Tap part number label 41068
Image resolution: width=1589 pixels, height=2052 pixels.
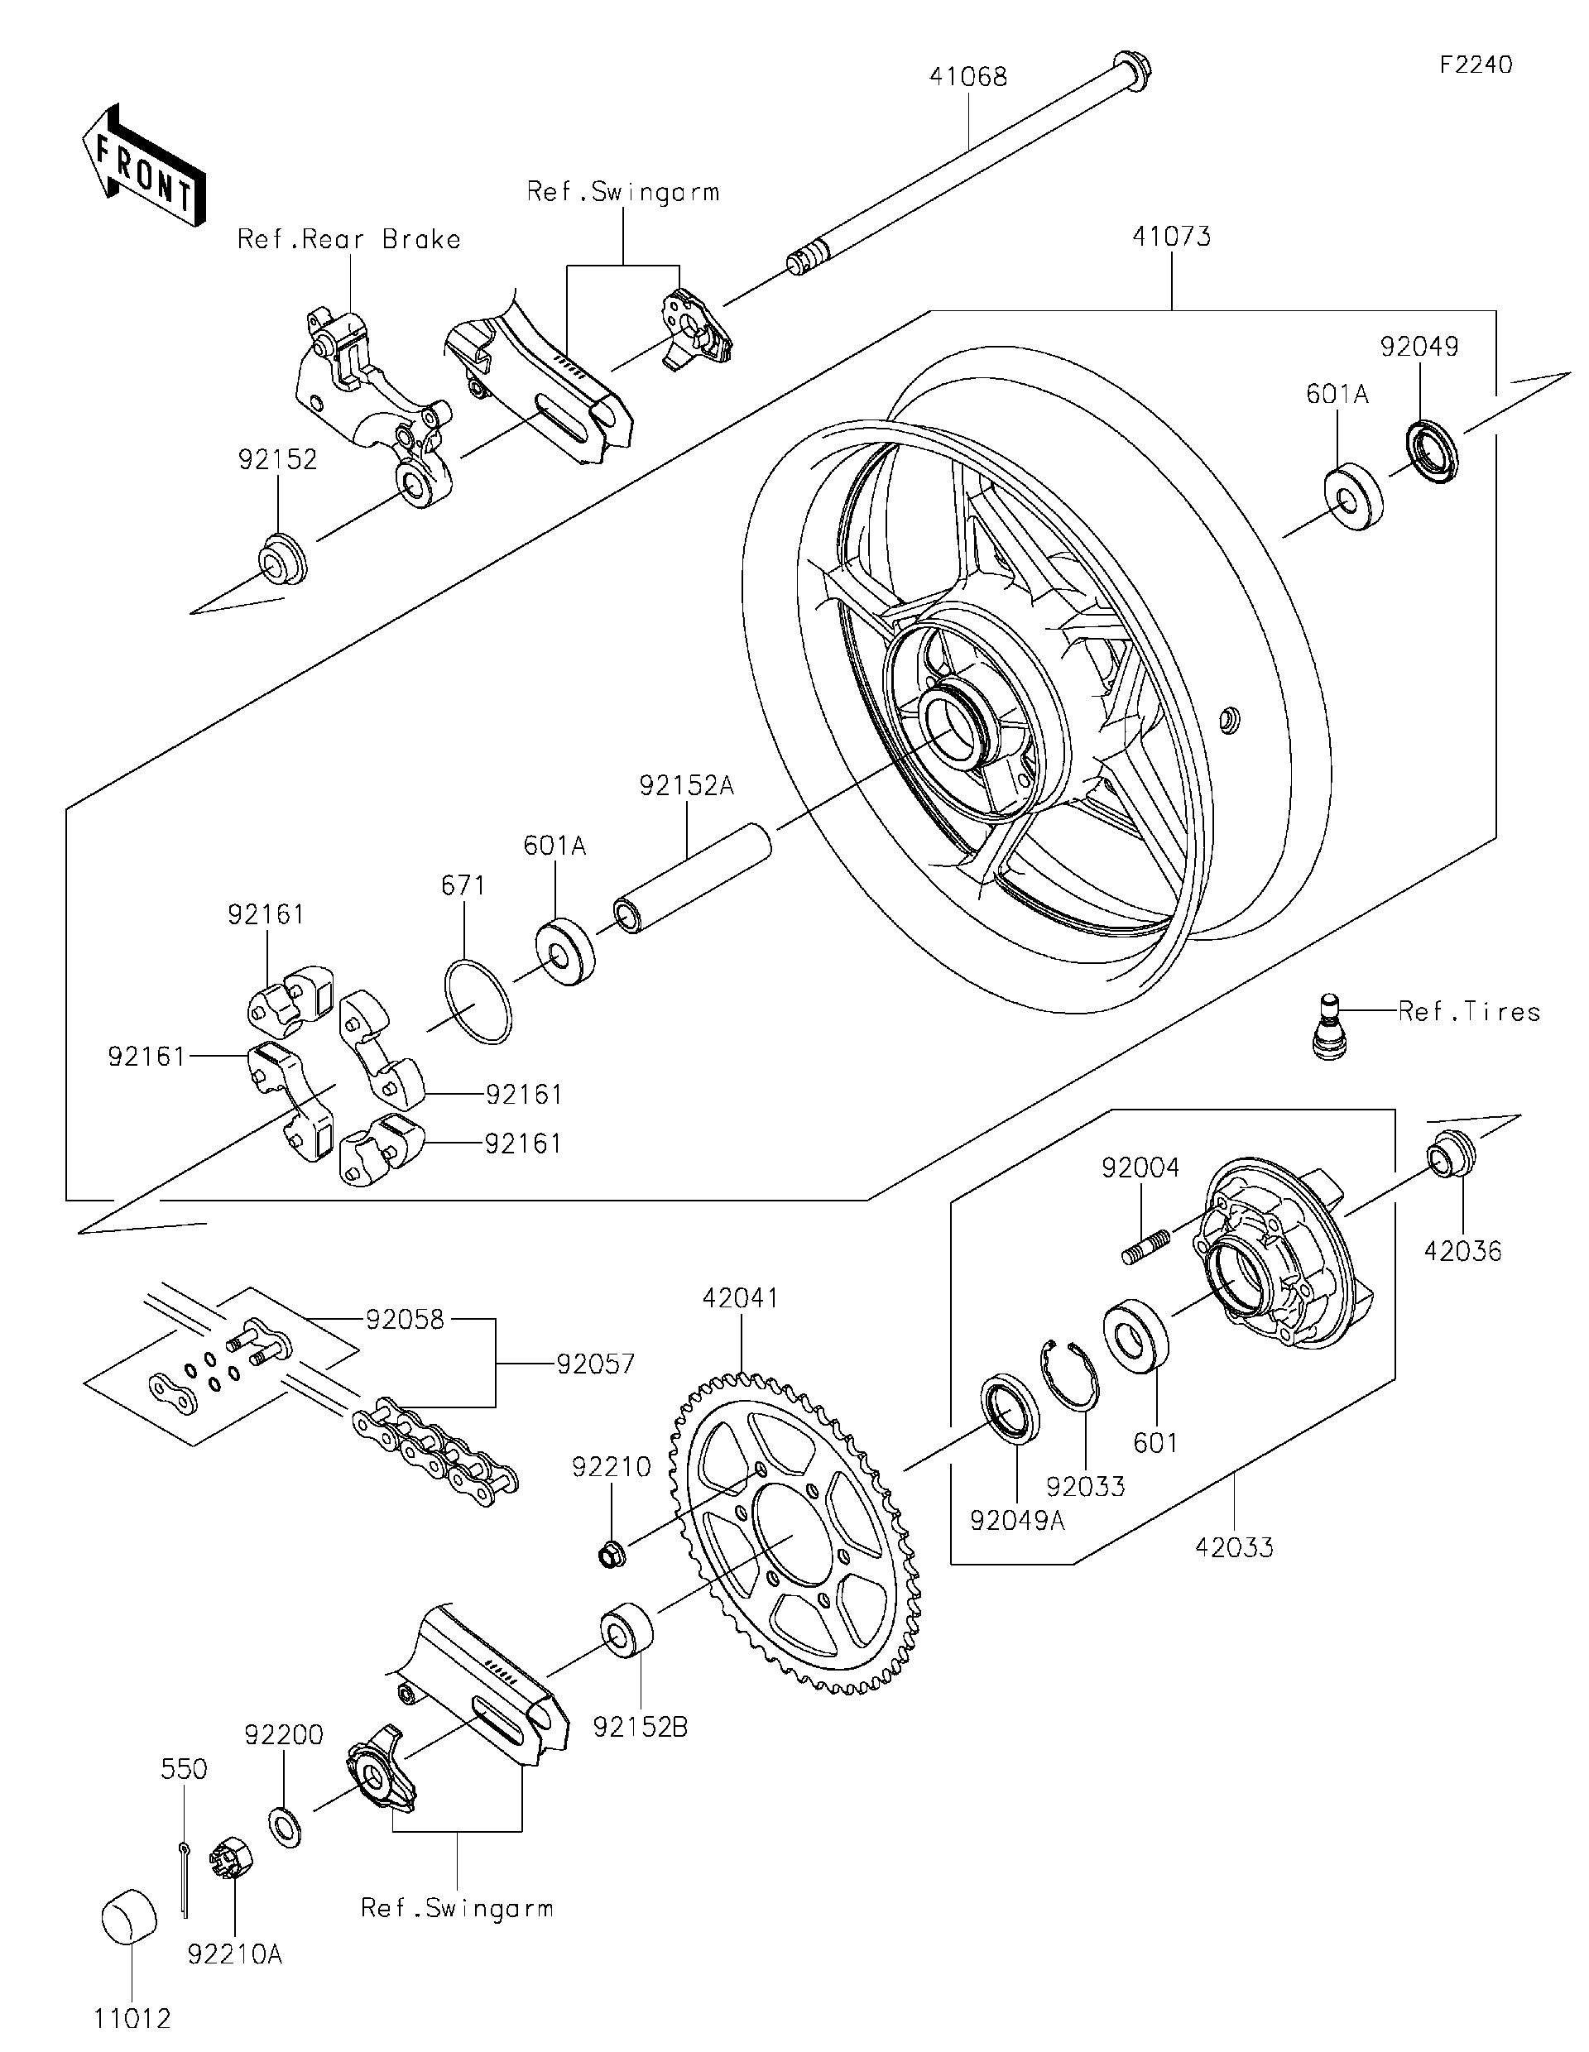(x=967, y=77)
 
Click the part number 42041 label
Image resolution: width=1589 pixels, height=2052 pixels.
(x=742, y=1298)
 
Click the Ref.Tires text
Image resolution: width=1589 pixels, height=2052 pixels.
(x=1469, y=1012)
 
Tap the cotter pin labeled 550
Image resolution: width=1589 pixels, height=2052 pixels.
(x=185, y=1878)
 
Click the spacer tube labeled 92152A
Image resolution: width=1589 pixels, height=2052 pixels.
(x=694, y=876)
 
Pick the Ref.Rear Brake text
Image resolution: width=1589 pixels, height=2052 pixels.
(x=348, y=240)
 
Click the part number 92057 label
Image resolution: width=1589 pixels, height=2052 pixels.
(x=595, y=1364)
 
